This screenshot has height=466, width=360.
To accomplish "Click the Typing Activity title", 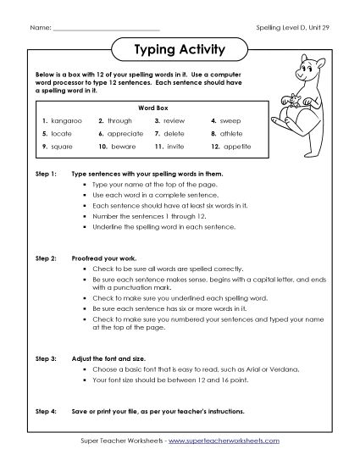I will tap(180, 50).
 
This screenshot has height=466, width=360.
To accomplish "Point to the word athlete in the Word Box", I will tap(235, 133).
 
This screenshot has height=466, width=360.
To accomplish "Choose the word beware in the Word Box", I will tap(123, 146).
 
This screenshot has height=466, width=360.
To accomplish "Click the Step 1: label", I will tap(46, 173).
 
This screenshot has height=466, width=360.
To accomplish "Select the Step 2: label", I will tap(46, 254).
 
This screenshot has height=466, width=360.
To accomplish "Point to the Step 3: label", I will tap(46, 337).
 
